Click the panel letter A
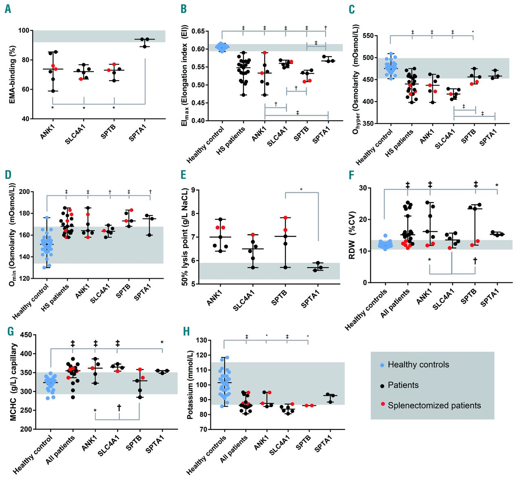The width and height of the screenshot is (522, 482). click(8, 9)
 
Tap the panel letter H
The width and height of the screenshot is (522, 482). click(186, 331)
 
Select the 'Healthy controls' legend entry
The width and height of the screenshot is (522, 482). click(418, 365)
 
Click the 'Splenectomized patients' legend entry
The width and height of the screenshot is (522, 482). click(434, 405)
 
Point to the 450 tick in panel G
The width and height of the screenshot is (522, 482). click(26, 335)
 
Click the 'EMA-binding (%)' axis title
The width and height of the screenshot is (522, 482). click(12, 75)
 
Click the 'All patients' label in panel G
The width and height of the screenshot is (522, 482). click(61, 449)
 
